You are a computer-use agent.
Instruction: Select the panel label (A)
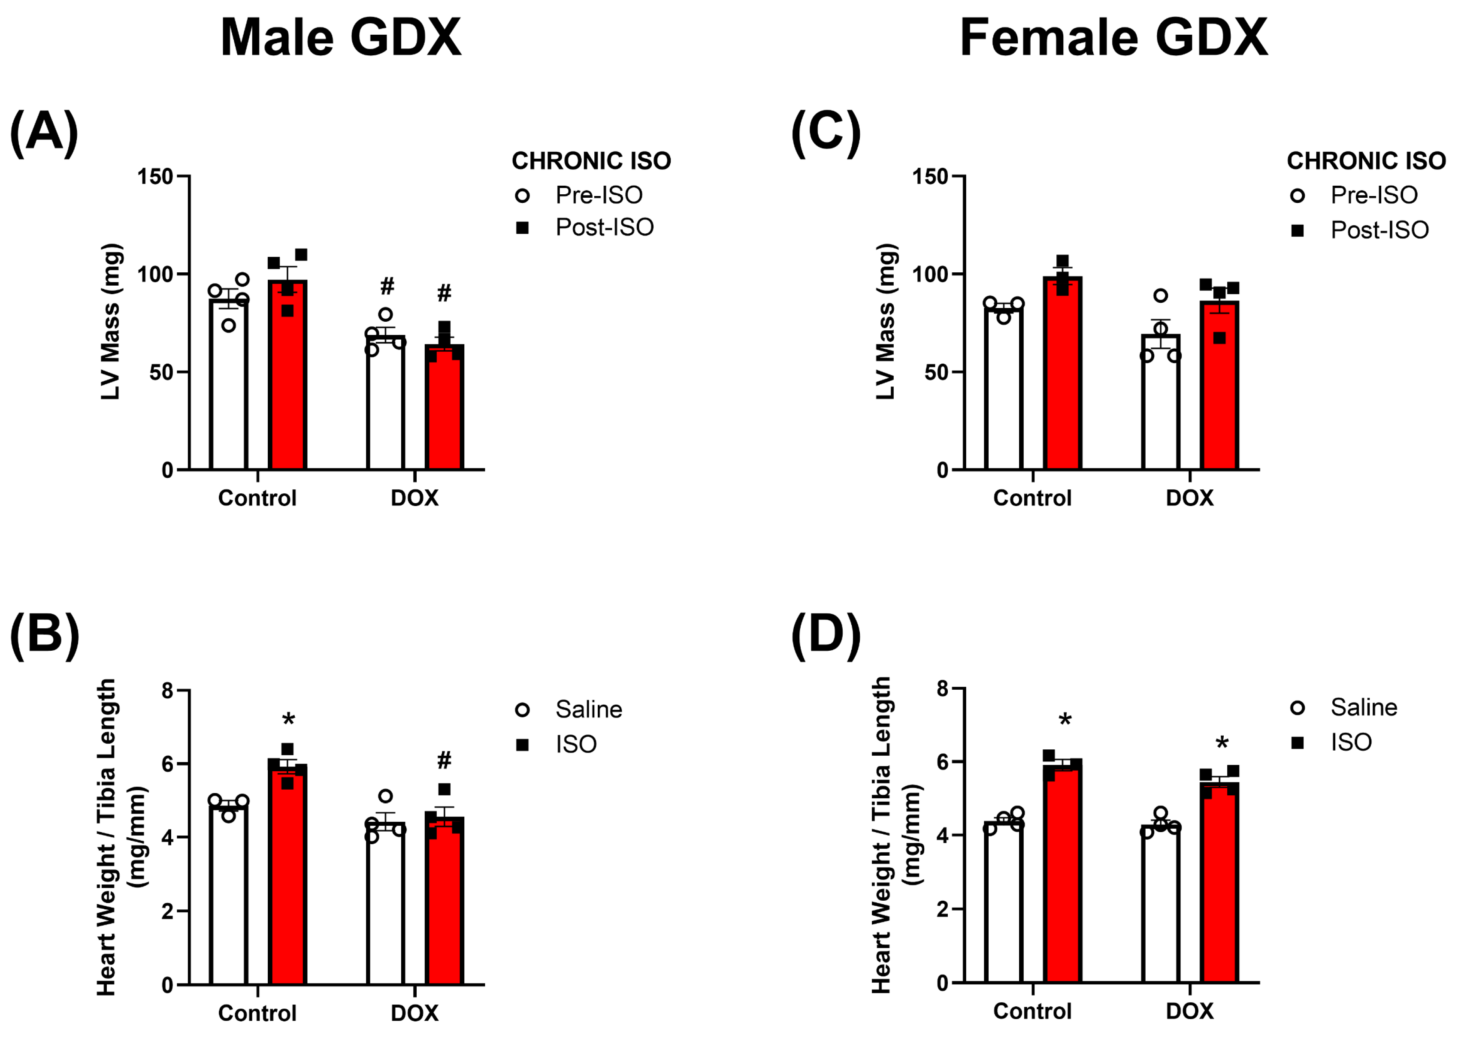[44, 133]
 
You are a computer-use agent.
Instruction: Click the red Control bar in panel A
[287, 375]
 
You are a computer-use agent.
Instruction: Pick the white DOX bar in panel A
[385, 403]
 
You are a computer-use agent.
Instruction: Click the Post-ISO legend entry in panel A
[585, 227]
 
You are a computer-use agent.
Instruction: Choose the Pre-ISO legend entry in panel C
[1354, 195]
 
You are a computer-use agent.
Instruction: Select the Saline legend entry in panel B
[569, 709]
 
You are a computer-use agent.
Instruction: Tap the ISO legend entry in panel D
[1331, 742]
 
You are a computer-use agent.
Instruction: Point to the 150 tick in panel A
[155, 176]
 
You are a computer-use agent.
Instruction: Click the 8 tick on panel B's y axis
[167, 691]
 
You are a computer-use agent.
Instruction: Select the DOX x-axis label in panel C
[1190, 498]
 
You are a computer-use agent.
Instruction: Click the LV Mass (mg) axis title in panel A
[111, 322]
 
